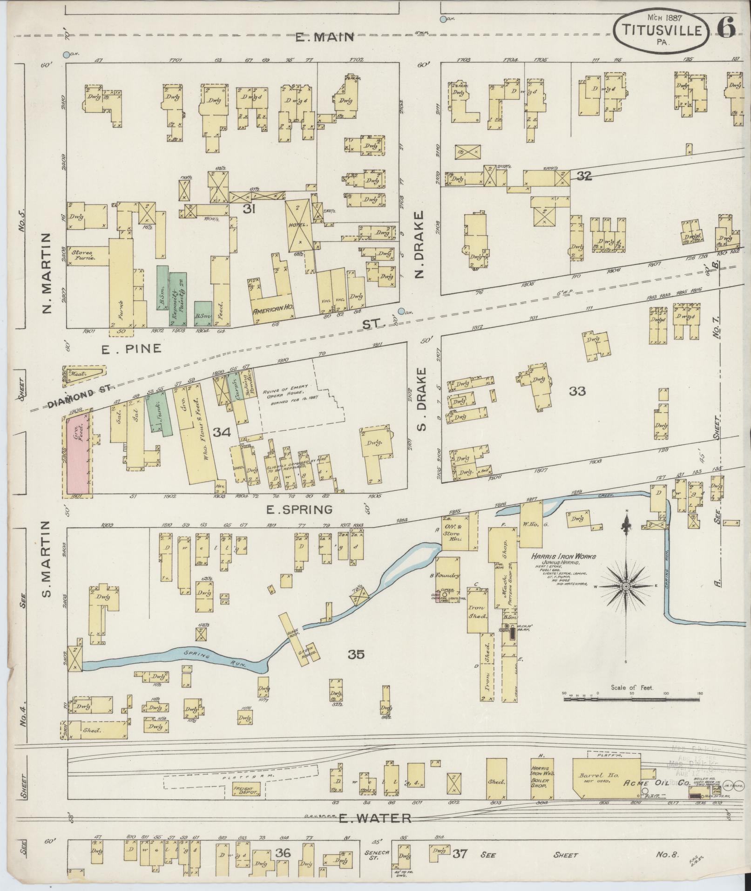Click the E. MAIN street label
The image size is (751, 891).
[x=325, y=37]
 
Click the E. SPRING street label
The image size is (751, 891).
[x=299, y=510]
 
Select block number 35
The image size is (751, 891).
[x=356, y=654]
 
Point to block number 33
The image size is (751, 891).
[x=577, y=391]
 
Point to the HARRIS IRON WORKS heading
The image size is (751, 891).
[x=564, y=556]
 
